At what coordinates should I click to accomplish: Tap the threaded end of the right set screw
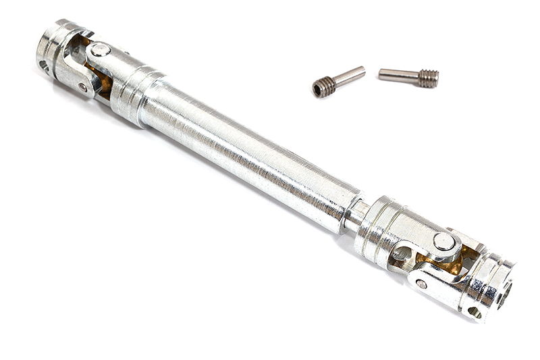click(x=428, y=78)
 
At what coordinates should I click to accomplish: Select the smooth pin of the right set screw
click(x=398, y=74)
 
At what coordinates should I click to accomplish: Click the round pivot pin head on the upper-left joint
click(x=100, y=49)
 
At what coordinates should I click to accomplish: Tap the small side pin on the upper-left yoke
click(x=82, y=87)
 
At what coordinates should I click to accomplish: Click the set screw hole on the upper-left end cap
click(x=44, y=66)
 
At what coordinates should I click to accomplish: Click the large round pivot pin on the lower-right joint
click(x=443, y=241)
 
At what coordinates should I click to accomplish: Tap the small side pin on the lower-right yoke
click(x=421, y=284)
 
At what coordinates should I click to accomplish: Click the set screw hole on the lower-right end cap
click(x=475, y=312)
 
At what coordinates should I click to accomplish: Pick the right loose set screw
click(x=408, y=76)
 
